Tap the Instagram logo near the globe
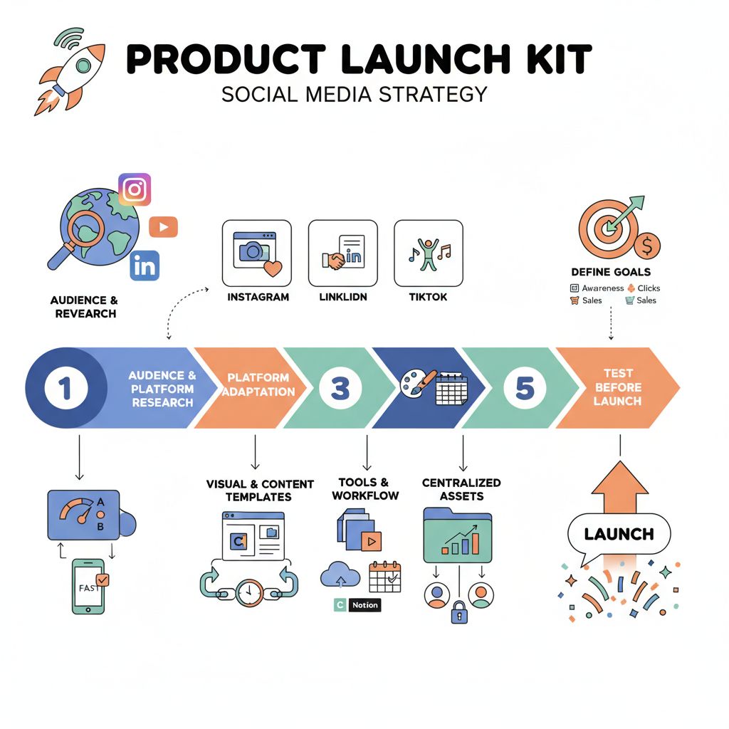(135, 189)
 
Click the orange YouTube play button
(163, 227)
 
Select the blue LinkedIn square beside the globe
(145, 266)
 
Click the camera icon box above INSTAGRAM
(257, 253)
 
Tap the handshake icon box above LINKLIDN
(342, 253)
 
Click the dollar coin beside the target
(647, 246)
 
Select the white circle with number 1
(65, 388)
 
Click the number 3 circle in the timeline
(340, 388)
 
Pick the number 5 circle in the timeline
(524, 388)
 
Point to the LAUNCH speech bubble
(619, 534)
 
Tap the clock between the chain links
(249, 591)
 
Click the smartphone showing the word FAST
(90, 586)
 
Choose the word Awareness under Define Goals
(602, 288)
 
